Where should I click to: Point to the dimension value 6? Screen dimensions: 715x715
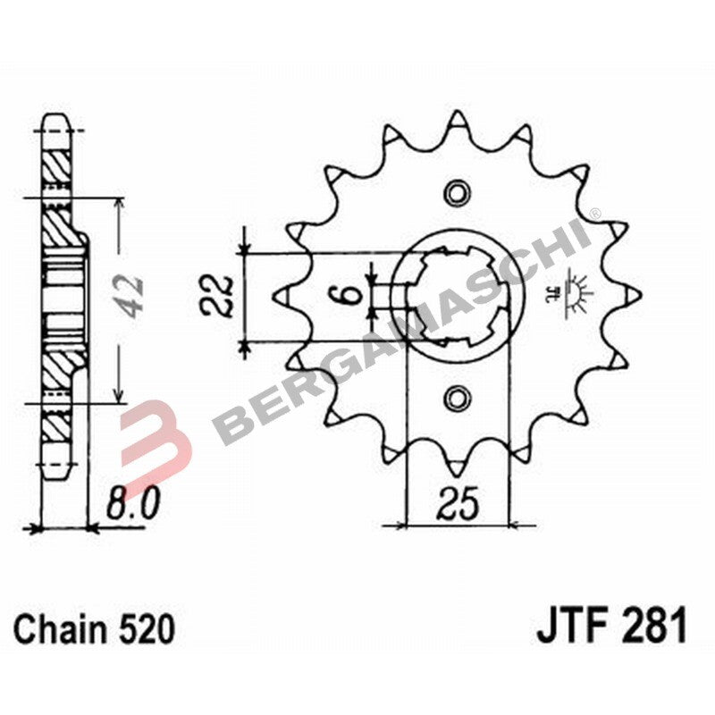tap(352, 294)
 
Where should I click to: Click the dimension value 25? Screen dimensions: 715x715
tap(458, 506)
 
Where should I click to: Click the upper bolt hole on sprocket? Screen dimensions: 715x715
tap(458, 192)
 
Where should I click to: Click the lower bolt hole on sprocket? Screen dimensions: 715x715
tap(458, 396)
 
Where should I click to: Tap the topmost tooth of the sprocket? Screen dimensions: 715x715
tap(458, 118)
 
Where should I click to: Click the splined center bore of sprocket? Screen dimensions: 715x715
tap(458, 294)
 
